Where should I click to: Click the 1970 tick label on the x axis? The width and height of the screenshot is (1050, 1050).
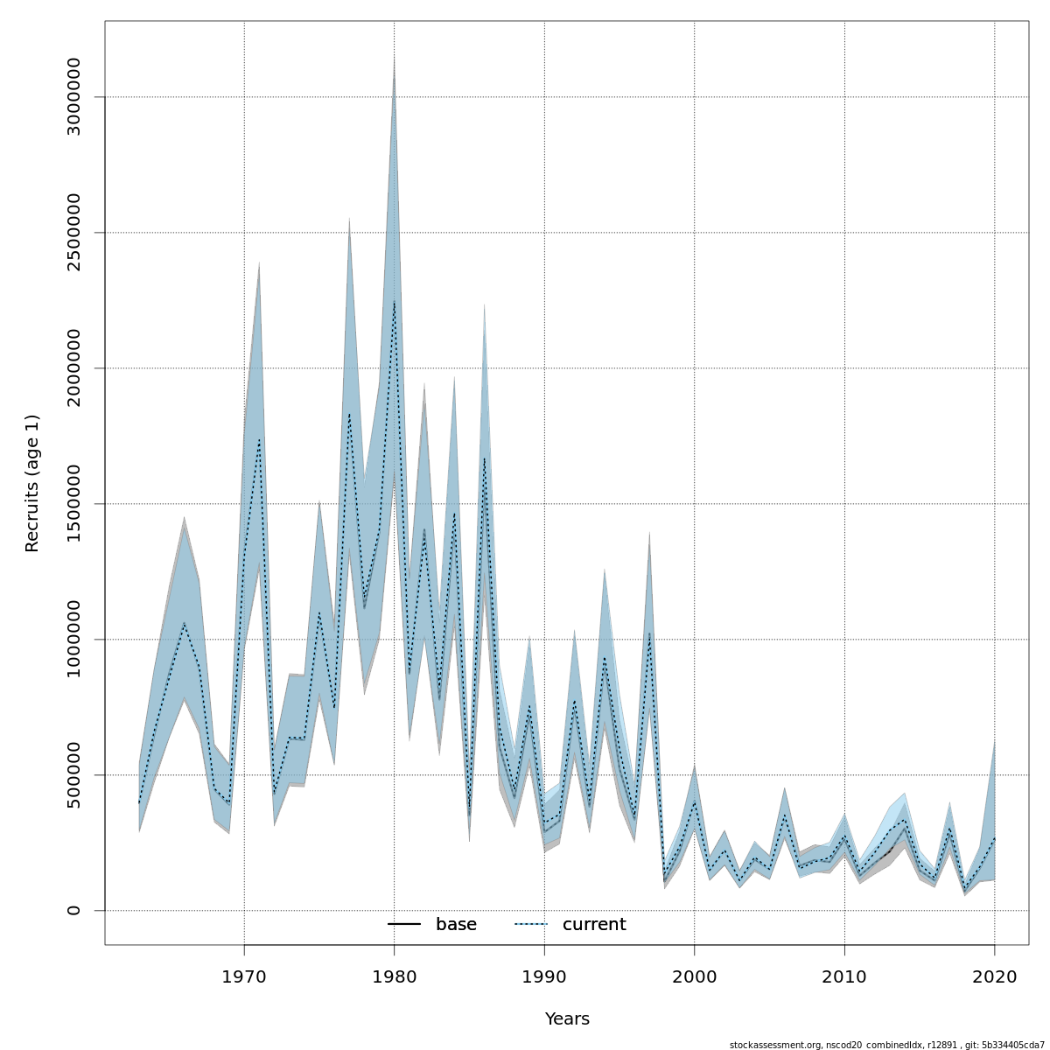[x=244, y=976]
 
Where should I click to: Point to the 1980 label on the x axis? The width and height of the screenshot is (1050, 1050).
[x=395, y=976]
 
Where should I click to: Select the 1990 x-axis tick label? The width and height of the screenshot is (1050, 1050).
[x=544, y=976]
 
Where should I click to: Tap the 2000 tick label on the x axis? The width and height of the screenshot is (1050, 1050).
[x=695, y=976]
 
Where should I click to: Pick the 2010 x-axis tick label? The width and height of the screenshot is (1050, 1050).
[x=844, y=976]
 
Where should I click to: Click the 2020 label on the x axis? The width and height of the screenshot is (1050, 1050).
[x=995, y=976]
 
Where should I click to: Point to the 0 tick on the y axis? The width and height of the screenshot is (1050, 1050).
[x=73, y=910]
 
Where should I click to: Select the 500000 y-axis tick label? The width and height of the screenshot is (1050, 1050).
[x=73, y=774]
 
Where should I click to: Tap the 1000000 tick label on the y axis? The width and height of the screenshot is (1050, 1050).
[x=73, y=640]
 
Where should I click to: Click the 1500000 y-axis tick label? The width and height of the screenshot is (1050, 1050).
[x=73, y=504]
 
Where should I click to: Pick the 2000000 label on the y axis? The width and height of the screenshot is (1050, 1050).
[x=73, y=368]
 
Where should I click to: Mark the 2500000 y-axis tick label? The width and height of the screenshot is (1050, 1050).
[x=73, y=233]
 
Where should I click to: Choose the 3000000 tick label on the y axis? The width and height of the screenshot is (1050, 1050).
[x=73, y=97]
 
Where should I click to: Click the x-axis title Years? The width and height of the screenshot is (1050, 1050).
[x=567, y=1019]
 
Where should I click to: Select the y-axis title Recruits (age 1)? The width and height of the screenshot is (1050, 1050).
[x=32, y=483]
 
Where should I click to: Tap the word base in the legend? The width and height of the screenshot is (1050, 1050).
[x=456, y=925]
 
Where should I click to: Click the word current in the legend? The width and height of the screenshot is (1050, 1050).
[x=594, y=925]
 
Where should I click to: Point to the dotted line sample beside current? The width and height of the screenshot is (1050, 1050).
[x=530, y=925]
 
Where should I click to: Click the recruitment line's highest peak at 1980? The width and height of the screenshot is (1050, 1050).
[x=394, y=302]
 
